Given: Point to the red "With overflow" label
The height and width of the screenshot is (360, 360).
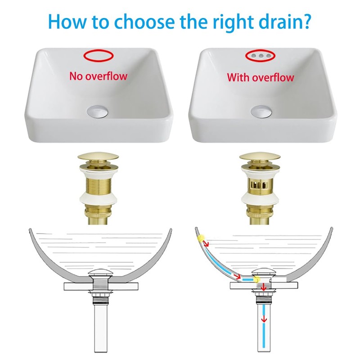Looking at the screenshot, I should coord(261,77).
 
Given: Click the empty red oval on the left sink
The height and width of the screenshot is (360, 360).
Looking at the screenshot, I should coord(98,56).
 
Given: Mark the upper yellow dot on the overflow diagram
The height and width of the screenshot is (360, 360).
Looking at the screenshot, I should coord(201,237).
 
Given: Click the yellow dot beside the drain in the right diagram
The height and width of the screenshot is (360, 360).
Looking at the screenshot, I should coord(256,280).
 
